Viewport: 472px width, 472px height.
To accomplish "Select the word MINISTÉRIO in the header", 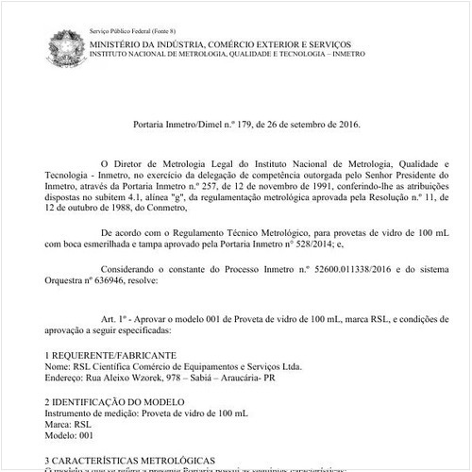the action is pyautogui.click(x=119, y=44).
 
